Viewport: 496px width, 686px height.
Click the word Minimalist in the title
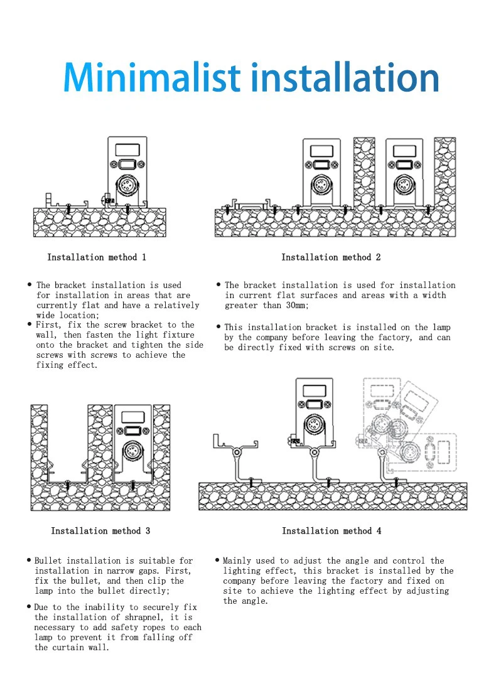click(x=152, y=78)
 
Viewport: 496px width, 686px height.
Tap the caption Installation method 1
click(x=97, y=257)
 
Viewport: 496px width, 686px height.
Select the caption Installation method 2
click(x=331, y=257)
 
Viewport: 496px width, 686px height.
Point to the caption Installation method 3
click(x=100, y=531)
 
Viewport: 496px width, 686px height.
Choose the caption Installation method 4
click(x=332, y=531)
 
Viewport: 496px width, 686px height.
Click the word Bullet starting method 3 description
click(x=48, y=560)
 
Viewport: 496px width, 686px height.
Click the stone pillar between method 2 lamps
click(x=364, y=173)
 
